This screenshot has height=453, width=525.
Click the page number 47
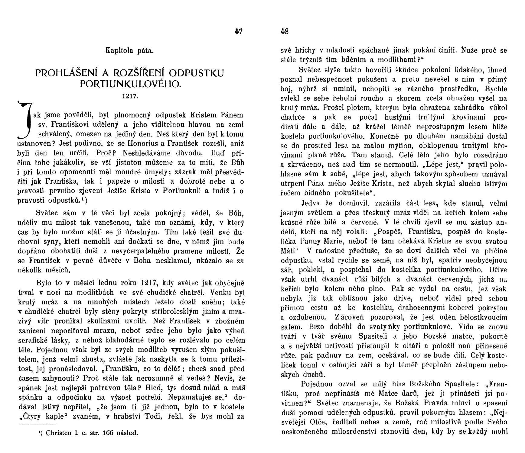238,31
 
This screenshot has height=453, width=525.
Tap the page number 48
285,31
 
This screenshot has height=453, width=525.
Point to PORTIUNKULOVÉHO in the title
130,84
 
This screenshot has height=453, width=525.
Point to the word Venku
222,293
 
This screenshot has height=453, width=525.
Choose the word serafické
33,340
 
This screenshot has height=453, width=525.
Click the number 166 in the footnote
108,433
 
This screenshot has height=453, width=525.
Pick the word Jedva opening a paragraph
311,203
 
